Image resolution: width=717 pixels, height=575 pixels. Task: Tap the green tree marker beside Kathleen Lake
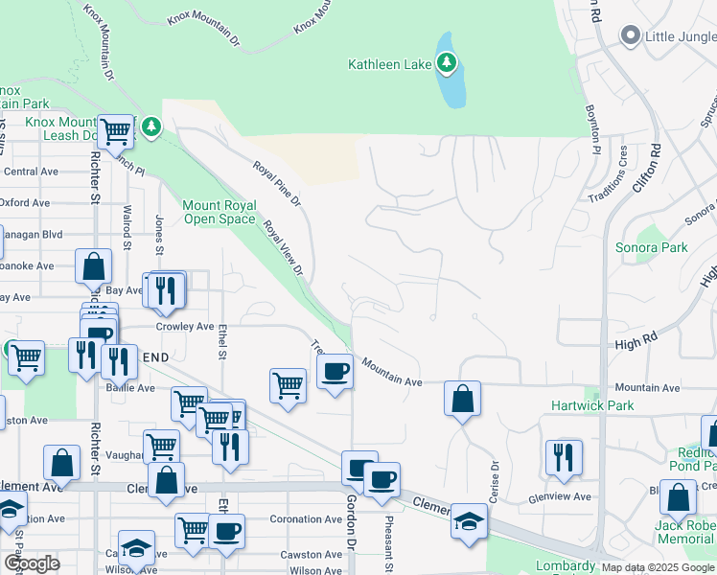446,63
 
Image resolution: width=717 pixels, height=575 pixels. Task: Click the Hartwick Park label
592,405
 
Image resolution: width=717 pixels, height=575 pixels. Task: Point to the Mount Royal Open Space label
220,212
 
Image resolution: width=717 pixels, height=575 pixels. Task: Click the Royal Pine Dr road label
277,184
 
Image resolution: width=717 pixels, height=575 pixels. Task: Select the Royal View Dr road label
283,248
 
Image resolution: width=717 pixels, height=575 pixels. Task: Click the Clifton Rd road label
646,170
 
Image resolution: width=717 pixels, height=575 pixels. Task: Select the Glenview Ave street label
561,497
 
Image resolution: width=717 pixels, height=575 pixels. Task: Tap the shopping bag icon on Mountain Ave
462,398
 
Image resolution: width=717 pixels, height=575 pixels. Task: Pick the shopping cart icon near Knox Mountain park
114,131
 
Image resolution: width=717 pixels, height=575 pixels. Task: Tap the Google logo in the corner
32,564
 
